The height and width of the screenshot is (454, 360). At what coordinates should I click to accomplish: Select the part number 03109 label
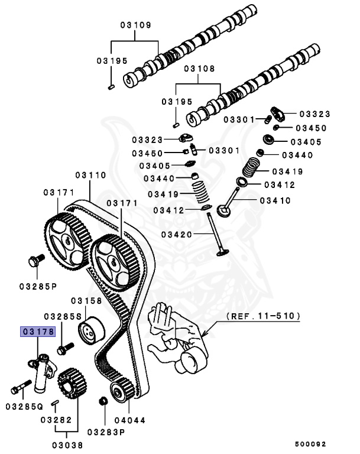coord(135,25)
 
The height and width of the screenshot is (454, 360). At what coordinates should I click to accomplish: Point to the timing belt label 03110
coord(90,176)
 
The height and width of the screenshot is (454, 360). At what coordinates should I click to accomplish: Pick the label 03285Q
coord(24,407)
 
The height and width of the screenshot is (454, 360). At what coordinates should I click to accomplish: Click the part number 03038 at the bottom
coord(67,445)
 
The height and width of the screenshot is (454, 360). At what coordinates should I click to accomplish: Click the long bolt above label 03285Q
coord(20,388)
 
